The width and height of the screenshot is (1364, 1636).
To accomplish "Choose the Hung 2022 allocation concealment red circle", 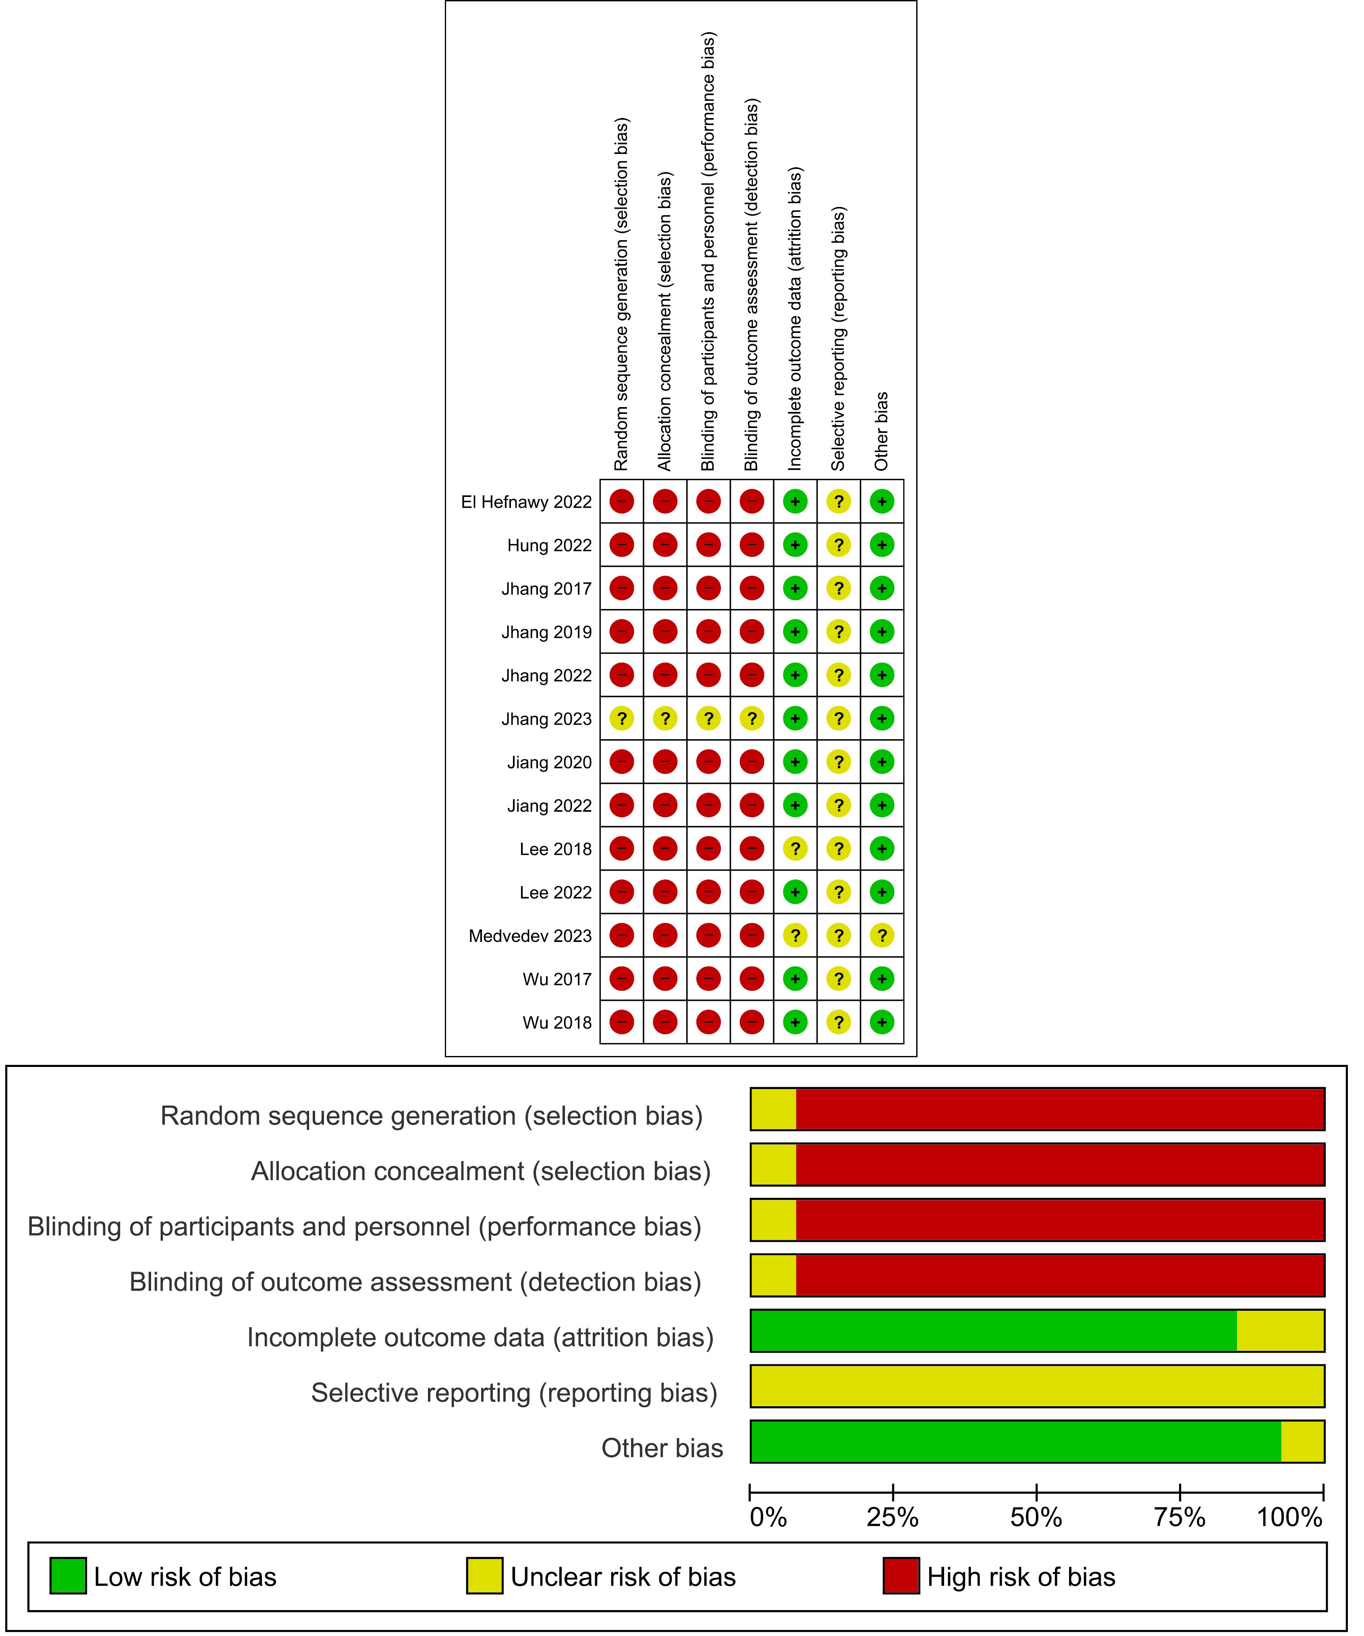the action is [665, 545].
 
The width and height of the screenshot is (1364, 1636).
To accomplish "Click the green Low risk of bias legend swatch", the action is [68, 1576].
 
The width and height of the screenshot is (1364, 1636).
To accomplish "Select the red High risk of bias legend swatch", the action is [901, 1576].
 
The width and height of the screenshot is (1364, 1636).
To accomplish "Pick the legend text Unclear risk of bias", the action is [623, 1577].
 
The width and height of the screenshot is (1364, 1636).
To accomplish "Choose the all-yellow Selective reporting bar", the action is [1038, 1387].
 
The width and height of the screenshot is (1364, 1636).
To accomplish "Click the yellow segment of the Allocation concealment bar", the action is [774, 1165].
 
